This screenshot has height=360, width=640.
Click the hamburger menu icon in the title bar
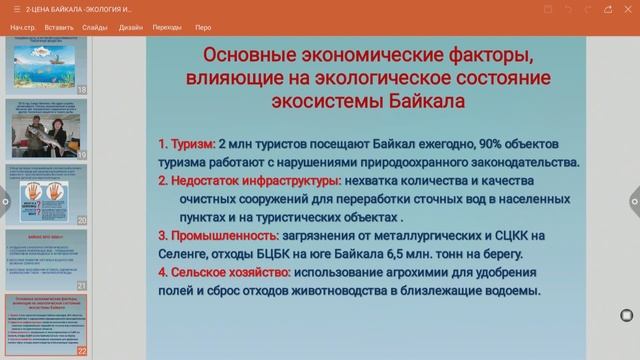pos(16,8)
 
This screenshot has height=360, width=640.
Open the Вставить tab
pos(59,27)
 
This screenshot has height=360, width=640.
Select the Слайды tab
pos(96,27)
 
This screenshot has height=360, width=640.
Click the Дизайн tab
pos(131,27)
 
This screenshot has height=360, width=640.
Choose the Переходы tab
pos(167,27)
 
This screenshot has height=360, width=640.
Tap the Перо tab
pos(203,27)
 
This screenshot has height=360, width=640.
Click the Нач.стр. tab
pos(23,27)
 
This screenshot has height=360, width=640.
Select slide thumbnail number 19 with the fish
pos(45,129)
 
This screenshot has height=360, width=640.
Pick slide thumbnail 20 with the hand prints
pos(45,193)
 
